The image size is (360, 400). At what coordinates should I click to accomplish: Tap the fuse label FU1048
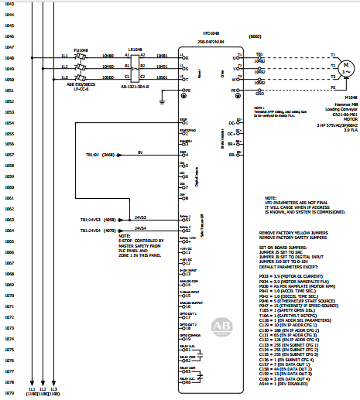point(81,50)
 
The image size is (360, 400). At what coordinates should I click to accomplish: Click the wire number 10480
point(108,56)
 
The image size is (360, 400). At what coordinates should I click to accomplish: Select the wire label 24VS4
point(140,228)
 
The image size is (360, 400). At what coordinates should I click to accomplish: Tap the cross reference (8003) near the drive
point(254,36)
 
